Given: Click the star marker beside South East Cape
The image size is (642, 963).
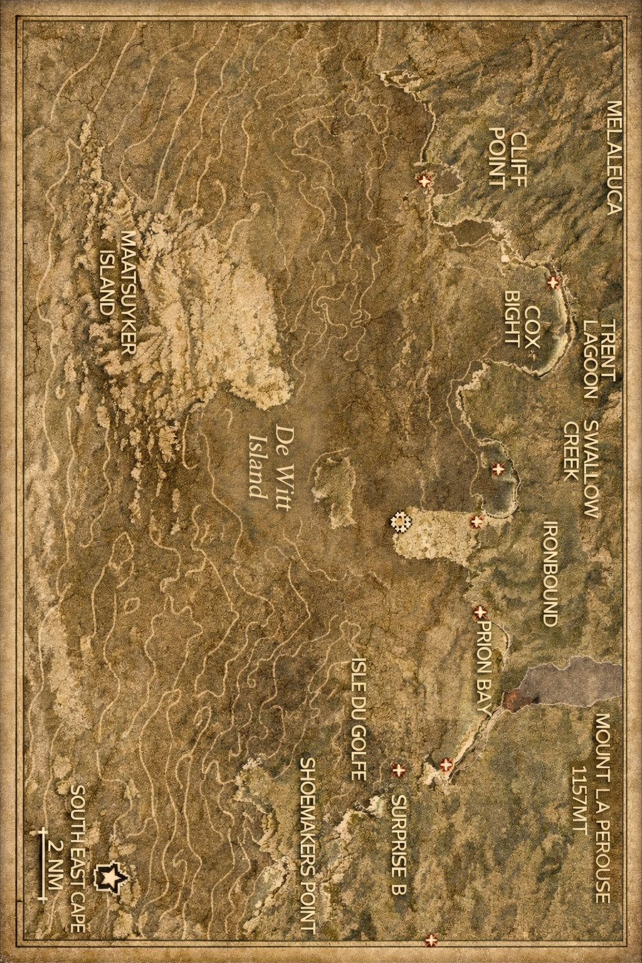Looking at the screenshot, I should click(x=107, y=878).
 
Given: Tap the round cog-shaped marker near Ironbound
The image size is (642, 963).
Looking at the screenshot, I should click(x=399, y=521).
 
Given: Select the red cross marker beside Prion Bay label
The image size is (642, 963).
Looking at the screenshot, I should click(x=481, y=611).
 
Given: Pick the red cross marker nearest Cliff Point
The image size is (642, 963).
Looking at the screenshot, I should click(x=425, y=181).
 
